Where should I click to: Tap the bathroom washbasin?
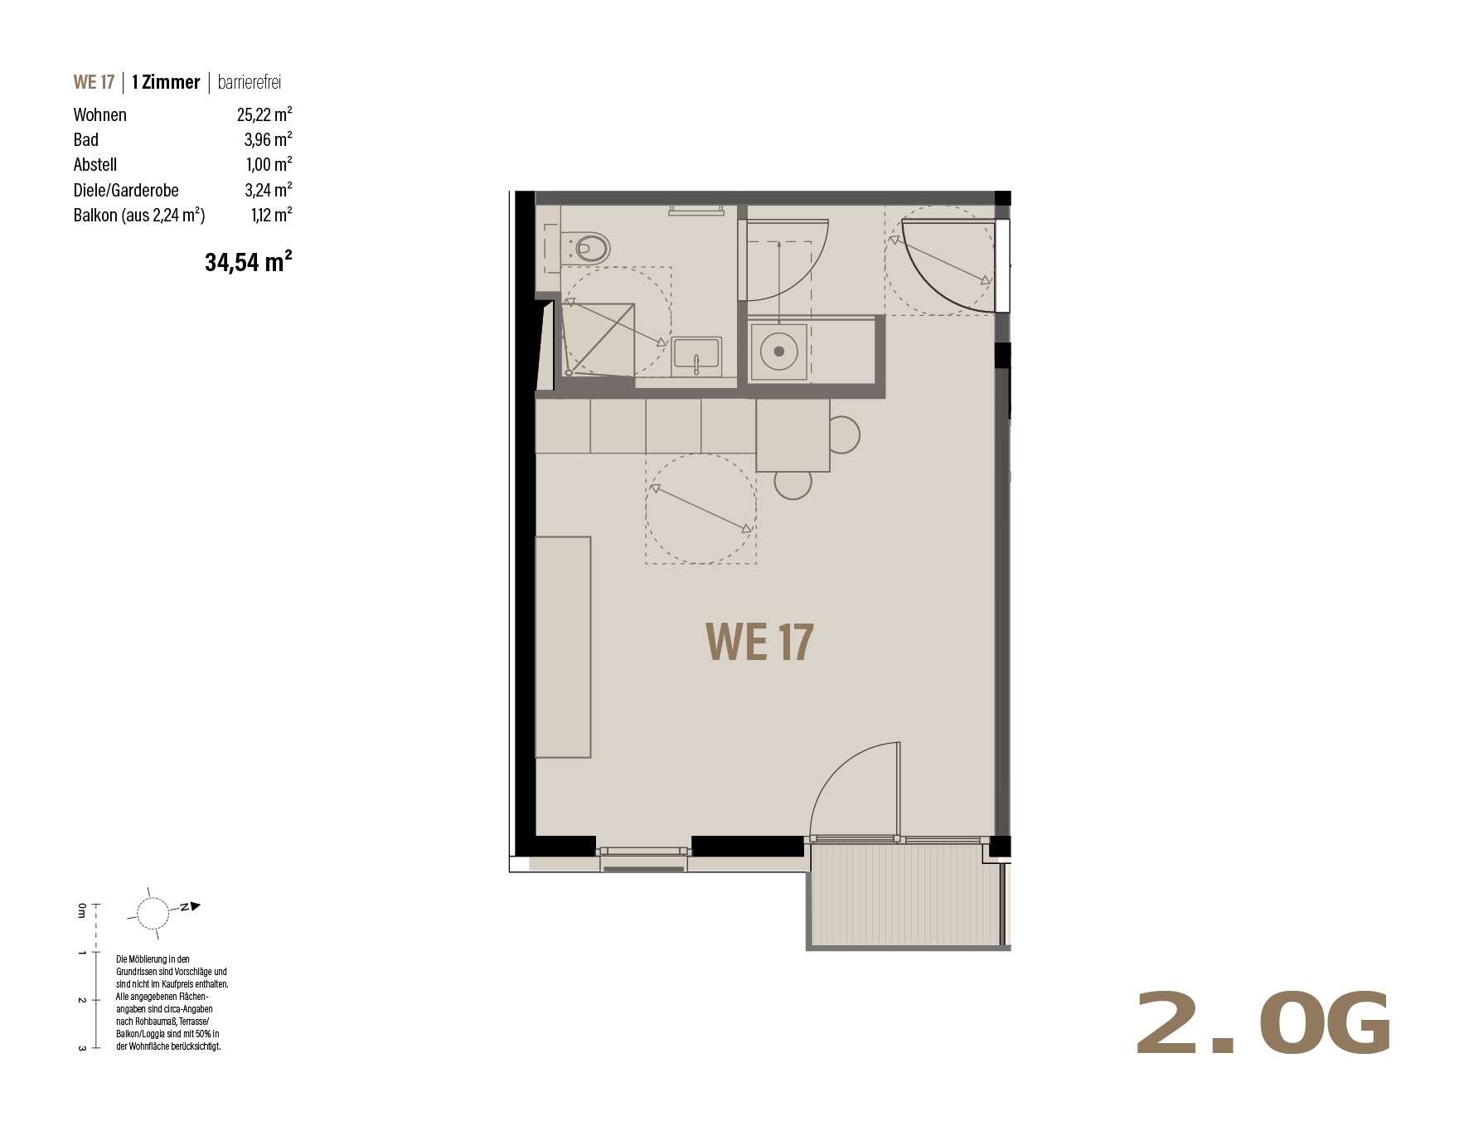697,356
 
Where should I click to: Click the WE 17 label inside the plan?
759,643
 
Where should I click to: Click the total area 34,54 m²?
249,262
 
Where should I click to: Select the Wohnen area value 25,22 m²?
264,114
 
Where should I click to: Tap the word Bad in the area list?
85,139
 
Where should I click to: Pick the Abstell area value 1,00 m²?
269,164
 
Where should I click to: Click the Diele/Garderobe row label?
126,190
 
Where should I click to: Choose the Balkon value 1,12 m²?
271,215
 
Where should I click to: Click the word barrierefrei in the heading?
250,82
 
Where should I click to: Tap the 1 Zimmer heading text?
166,82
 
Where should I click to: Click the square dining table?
793,435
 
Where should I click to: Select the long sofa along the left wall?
563,647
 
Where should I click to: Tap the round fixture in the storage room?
778,352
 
